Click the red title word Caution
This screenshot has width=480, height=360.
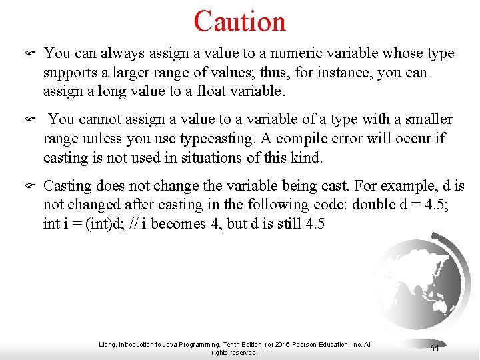(x=239, y=21)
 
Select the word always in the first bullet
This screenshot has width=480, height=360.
(x=120, y=53)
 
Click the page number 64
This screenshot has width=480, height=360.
(x=434, y=348)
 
